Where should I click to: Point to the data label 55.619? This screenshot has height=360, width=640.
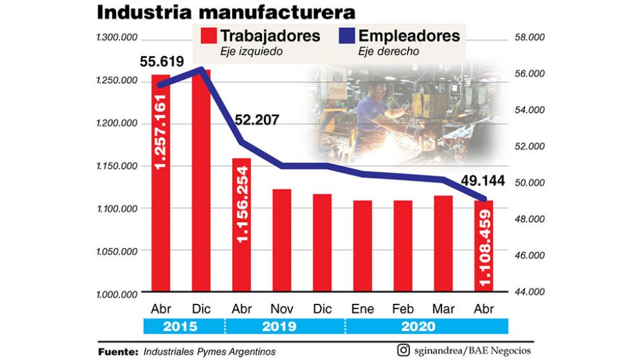(x=162, y=62)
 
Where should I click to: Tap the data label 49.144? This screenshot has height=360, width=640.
(x=483, y=181)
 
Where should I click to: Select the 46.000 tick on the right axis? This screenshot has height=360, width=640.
(x=530, y=255)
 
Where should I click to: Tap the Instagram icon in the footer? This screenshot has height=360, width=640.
(x=403, y=350)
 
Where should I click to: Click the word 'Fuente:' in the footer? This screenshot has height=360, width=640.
(x=118, y=352)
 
